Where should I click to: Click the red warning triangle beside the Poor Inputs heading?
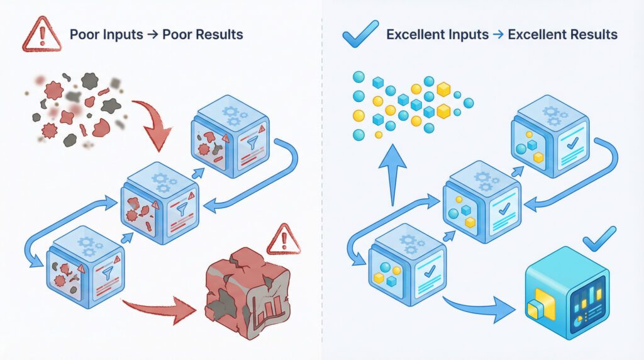(42, 35)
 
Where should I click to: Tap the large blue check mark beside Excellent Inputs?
(360, 34)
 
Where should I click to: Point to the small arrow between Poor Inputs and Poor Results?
(152, 35)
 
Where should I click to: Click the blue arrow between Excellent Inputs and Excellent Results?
(498, 35)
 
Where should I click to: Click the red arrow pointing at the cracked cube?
(160, 309)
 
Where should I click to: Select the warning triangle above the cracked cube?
(284, 240)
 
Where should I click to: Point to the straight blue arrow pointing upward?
(392, 174)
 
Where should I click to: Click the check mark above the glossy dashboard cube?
(599, 239)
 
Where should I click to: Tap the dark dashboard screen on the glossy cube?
(588, 304)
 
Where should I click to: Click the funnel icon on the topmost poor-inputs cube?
(252, 143)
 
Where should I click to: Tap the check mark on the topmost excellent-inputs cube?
(572, 142)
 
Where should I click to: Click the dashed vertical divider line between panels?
(322, 180)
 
